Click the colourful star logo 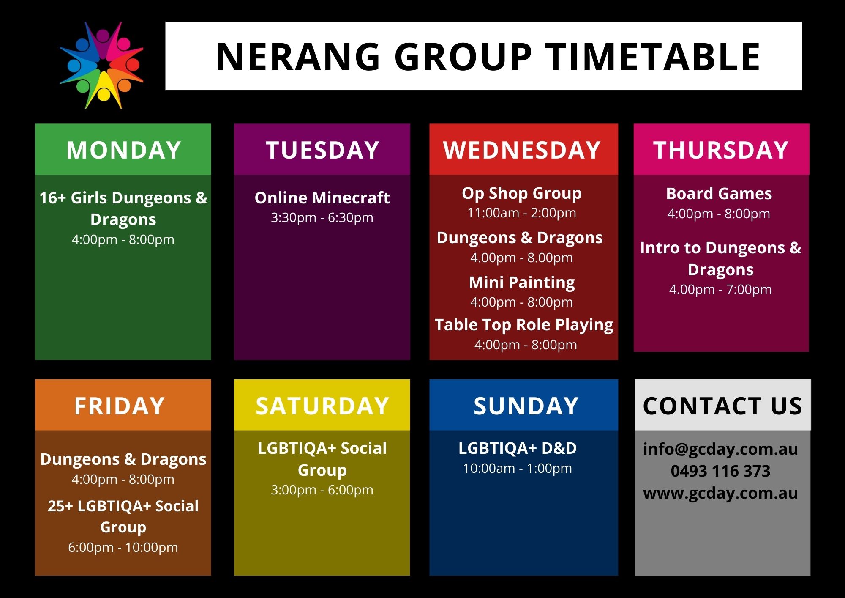click(x=102, y=65)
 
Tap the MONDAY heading click(x=123, y=150)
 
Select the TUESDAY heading click(x=322, y=150)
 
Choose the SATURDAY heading click(x=322, y=406)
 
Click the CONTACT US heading click(x=722, y=406)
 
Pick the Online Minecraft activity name click(x=322, y=198)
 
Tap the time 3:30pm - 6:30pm click(x=322, y=218)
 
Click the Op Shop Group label click(x=522, y=193)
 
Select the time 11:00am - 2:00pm click(x=522, y=213)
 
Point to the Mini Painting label click(x=522, y=283)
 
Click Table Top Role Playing click(x=524, y=325)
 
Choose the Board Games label click(x=719, y=194)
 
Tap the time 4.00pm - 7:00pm click(x=720, y=290)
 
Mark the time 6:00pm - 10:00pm click(x=123, y=548)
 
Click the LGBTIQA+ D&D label click(x=518, y=448)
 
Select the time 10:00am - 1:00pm click(x=518, y=469)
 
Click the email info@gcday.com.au click(x=720, y=449)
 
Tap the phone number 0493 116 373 click(x=720, y=471)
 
